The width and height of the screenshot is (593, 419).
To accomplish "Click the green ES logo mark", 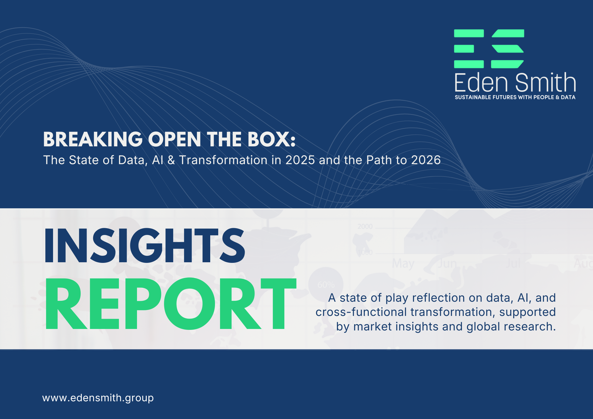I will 489,49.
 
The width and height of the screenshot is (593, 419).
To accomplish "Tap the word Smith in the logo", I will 545,83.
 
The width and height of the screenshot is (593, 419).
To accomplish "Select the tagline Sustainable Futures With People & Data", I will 515,98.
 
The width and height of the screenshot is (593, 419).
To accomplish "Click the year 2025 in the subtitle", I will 300,160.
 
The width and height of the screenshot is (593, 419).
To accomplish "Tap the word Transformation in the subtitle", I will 223,160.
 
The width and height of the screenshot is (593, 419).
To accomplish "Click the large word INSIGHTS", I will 145,246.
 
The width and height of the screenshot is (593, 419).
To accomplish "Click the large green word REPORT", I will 170,304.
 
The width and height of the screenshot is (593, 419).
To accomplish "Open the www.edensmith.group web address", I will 98,398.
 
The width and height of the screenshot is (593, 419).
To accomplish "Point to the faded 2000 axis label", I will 365,227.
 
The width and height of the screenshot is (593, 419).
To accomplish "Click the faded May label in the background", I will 403,264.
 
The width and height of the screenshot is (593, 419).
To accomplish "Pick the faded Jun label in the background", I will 447,264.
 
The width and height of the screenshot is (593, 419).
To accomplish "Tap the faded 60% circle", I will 326,284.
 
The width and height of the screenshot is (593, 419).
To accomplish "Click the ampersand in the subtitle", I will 171,160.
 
